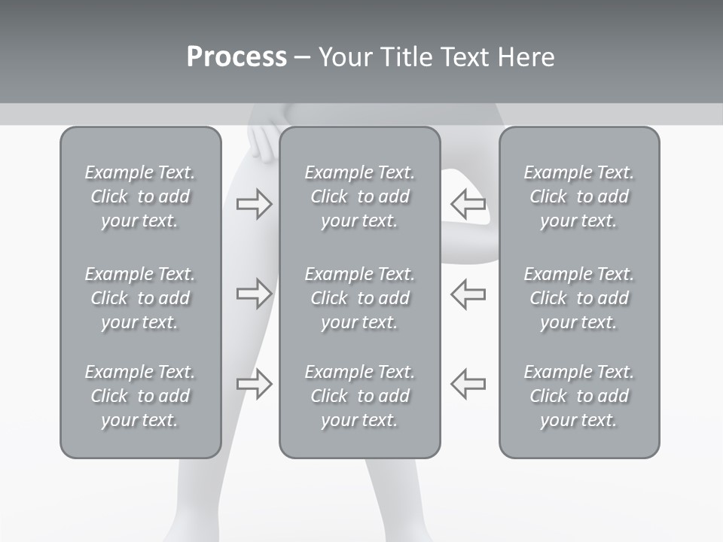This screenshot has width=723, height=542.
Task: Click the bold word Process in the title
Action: point(236,57)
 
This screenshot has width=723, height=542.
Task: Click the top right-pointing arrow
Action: point(254,204)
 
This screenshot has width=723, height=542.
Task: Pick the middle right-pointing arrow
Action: point(254,294)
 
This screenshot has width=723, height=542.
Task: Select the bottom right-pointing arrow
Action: point(254,383)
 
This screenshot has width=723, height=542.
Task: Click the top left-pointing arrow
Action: point(468,204)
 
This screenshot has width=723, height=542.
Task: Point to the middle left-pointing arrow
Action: point(468,294)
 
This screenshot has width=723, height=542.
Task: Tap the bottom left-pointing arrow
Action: point(468,383)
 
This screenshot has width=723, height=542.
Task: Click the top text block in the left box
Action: point(140,196)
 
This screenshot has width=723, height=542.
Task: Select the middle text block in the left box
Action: point(140,298)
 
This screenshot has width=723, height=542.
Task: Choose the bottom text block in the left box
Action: point(140,396)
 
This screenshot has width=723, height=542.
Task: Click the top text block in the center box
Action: point(359,196)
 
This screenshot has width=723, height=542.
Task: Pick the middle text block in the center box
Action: point(359,298)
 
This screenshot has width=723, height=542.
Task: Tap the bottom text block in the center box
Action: point(359,396)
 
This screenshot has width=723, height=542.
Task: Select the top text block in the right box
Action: point(578,196)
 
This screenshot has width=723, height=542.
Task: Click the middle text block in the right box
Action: point(578,298)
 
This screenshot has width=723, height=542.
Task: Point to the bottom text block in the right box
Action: point(578,396)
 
